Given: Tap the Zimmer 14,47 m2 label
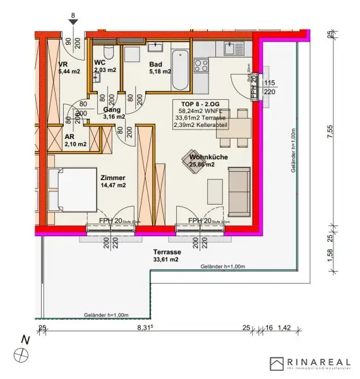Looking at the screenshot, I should click(112, 182).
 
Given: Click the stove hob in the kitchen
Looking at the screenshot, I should click(202, 64).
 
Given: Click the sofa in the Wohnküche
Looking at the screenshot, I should click(239, 191).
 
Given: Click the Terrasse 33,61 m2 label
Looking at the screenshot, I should click(165, 255).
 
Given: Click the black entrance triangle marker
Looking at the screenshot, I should click(74, 22).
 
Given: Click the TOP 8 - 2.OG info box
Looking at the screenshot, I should click(201, 114).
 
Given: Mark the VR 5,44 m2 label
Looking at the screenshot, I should click(68, 68).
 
